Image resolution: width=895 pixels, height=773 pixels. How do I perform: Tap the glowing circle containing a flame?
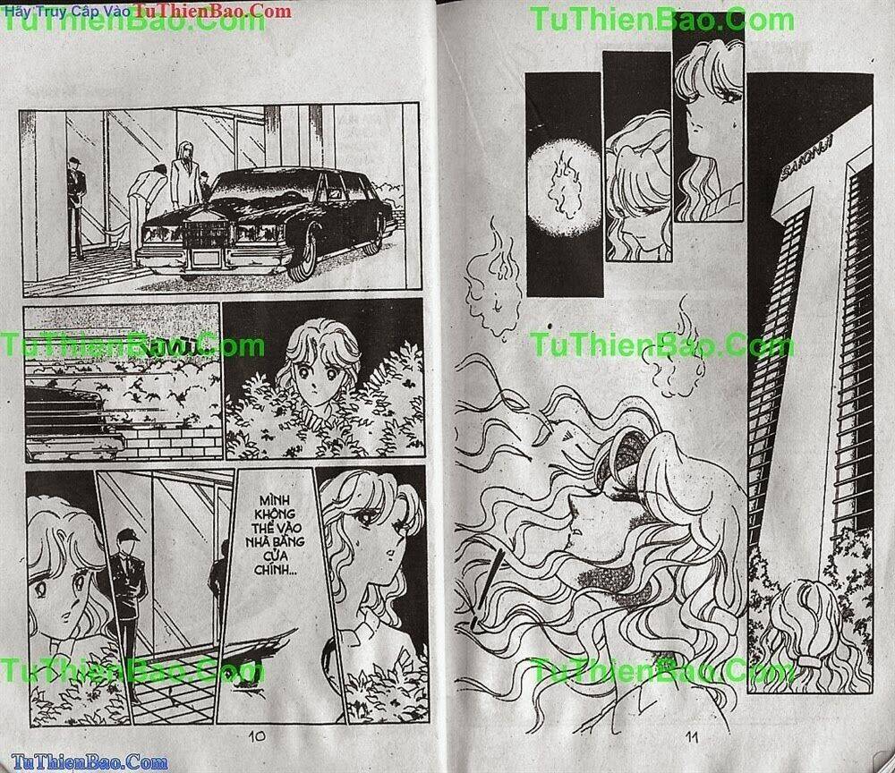pos(566,183)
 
